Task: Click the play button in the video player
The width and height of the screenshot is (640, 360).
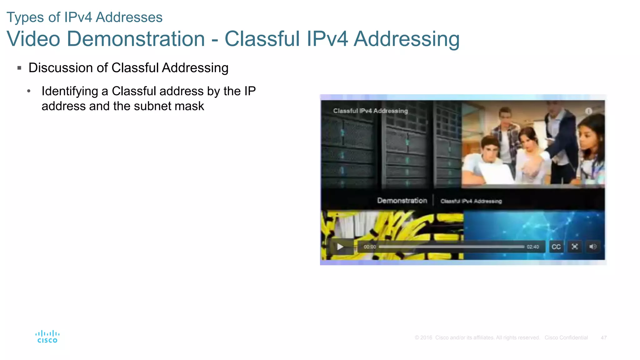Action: (x=340, y=247)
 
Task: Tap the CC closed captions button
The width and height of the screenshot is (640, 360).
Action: (x=556, y=247)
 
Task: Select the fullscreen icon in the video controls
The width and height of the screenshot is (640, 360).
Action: (x=574, y=247)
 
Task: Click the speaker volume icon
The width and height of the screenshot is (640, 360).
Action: (x=592, y=247)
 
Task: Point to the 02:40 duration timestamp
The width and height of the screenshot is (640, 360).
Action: (x=533, y=247)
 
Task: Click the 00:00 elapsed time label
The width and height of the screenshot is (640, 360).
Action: (x=370, y=247)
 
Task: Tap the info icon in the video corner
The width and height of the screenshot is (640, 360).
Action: (x=588, y=111)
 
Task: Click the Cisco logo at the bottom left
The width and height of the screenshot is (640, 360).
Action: (x=47, y=337)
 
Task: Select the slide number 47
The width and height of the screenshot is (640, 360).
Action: (x=603, y=338)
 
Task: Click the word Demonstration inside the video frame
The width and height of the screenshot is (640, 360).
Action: (x=402, y=201)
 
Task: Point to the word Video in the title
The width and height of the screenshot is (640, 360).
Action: (x=33, y=39)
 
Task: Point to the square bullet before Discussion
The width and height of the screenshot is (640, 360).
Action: (x=19, y=68)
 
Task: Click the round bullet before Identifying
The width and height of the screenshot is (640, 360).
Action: (x=29, y=91)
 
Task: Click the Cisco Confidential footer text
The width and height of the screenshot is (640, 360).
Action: (x=566, y=338)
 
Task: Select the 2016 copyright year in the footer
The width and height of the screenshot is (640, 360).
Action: (x=426, y=338)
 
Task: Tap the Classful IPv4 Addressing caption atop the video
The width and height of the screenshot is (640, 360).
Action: (x=370, y=111)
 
